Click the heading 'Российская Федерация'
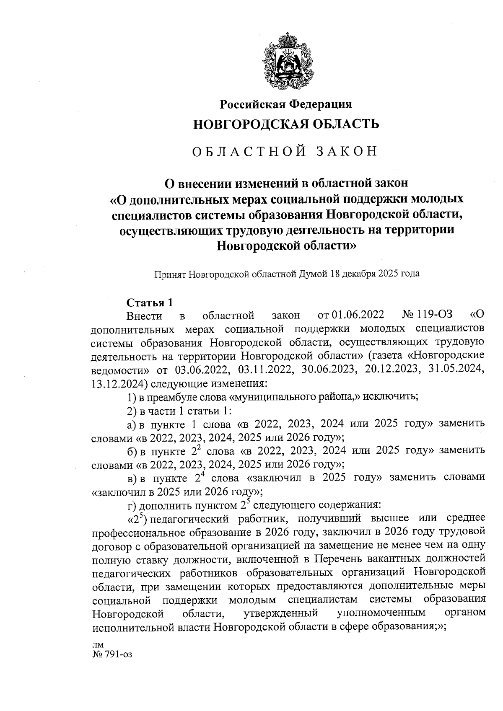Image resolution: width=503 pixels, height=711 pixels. pos(286,103)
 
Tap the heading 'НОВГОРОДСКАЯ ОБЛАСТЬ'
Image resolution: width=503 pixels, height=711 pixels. pos(286,124)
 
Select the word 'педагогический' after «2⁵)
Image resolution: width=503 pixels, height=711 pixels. pos(189,519)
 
